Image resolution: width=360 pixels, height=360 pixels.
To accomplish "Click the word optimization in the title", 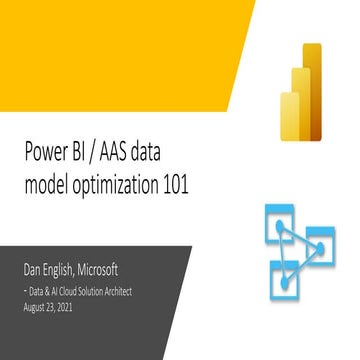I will [x=125, y=181].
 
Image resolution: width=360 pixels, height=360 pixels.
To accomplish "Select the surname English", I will [x=72, y=271].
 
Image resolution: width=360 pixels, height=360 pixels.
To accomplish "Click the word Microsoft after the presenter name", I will [x=126, y=270].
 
